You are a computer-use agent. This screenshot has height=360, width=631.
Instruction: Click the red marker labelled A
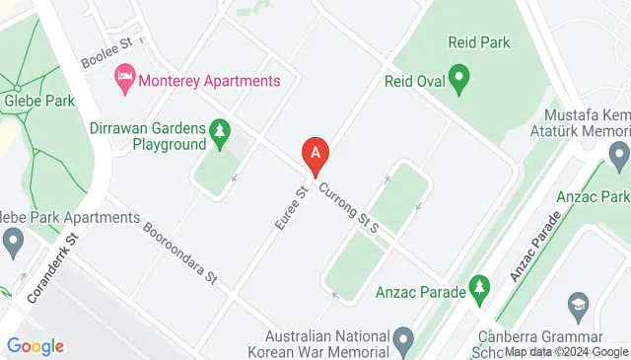tap(315, 155)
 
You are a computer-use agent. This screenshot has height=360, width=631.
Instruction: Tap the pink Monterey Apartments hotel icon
tap(125, 75)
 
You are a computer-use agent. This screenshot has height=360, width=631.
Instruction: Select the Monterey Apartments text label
tap(210, 81)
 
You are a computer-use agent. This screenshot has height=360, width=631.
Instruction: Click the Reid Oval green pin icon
tap(458, 77)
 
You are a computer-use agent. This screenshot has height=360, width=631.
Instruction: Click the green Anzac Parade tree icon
tap(479, 287)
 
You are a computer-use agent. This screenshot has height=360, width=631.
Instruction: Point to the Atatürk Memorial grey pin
tap(619, 154)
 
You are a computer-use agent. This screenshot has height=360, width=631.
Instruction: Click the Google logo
tap(35, 345)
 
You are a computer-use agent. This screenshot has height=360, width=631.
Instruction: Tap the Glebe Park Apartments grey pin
tap(13, 240)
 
